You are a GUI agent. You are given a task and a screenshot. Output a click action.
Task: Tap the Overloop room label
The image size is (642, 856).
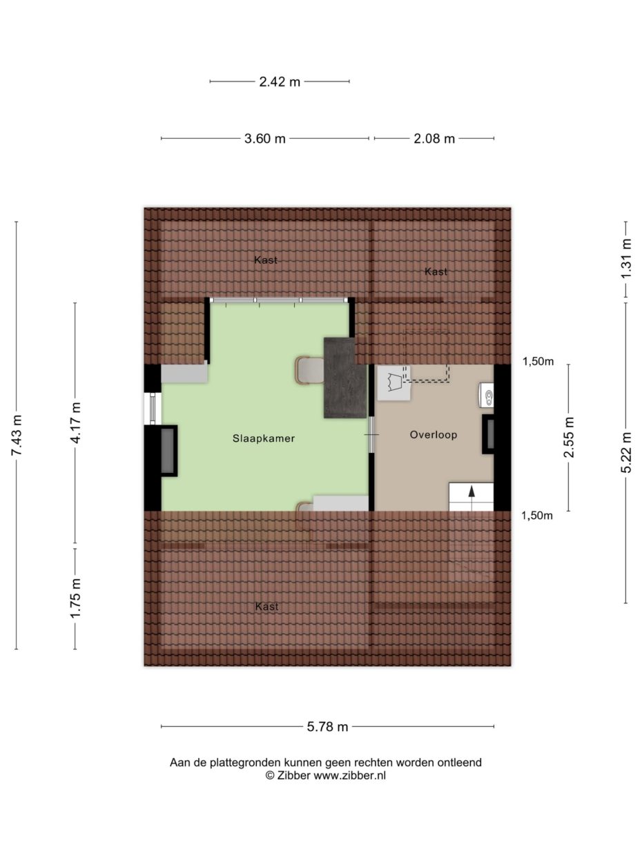click(x=433, y=435)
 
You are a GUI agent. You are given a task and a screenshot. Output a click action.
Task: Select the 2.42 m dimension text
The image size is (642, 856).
click(x=280, y=81)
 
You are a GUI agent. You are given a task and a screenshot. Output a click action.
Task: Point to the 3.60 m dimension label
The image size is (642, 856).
click(x=264, y=139)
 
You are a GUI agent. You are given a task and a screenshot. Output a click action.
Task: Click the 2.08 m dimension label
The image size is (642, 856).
click(x=434, y=139)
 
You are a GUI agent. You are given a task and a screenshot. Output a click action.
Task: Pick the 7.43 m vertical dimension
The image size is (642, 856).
click(x=17, y=436)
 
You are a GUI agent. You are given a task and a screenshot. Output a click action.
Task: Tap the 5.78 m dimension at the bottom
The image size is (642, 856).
click(x=327, y=726)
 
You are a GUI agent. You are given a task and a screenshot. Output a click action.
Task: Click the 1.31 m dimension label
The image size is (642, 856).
click(x=626, y=258)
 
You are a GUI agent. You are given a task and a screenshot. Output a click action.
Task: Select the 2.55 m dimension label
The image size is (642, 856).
click(x=569, y=438)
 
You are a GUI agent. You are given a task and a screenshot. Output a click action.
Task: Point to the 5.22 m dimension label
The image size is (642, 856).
click(x=626, y=453)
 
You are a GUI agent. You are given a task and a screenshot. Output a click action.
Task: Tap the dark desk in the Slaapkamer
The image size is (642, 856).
click(x=345, y=378)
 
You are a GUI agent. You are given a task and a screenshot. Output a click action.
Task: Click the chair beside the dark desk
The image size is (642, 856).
click(x=309, y=370)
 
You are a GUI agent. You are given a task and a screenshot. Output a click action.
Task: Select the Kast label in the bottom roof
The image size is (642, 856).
click(x=266, y=607)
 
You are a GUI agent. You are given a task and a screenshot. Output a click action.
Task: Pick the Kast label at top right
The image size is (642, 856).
click(x=436, y=272)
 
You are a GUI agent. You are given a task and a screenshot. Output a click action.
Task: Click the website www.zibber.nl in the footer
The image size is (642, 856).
click(x=350, y=775)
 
